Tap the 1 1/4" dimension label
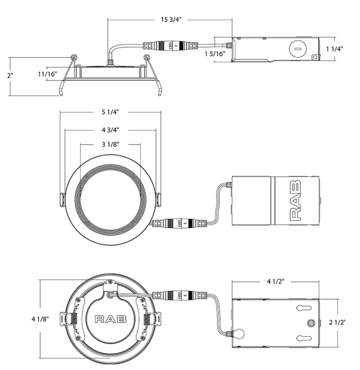pos(334,49)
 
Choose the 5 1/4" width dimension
pos(110,112)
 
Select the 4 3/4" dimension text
pos(110,130)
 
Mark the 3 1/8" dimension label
pos(110,144)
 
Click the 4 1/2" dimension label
pos(277,282)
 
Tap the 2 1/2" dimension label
pos(338,322)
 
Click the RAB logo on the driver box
pos(296,201)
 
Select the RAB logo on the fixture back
pos(110,319)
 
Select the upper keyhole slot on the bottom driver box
pos(303,308)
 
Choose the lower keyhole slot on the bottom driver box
pos(303,337)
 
